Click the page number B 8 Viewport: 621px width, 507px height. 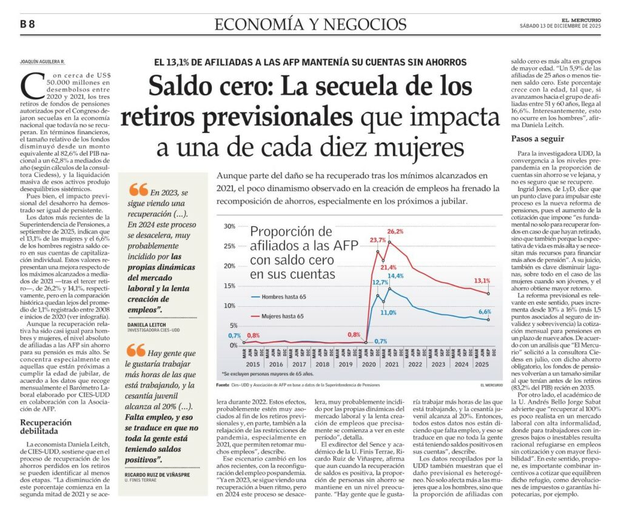(27, 24)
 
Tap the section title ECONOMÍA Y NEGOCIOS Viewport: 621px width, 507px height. (310, 24)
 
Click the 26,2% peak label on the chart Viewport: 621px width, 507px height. (395, 231)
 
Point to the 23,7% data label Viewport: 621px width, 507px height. (378, 240)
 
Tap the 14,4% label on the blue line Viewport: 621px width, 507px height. (396, 276)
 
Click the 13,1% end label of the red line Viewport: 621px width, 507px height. (482, 281)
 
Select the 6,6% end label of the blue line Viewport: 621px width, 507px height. (485, 312)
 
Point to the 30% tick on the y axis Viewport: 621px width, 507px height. (229, 226)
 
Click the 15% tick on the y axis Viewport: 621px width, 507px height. (229, 286)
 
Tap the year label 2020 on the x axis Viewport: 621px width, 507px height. (368, 365)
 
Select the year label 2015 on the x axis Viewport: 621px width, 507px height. (253, 365)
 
